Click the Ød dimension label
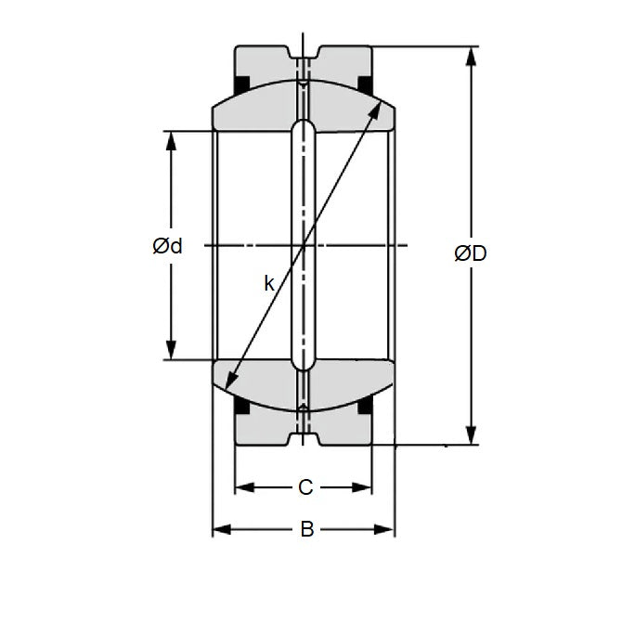(167, 246)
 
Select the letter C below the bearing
(305, 486)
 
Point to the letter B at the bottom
(306, 530)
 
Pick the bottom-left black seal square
(241, 406)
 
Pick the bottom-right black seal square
(366, 406)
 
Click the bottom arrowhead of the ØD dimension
(472, 435)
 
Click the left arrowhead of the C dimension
(242, 486)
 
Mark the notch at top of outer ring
(304, 52)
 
